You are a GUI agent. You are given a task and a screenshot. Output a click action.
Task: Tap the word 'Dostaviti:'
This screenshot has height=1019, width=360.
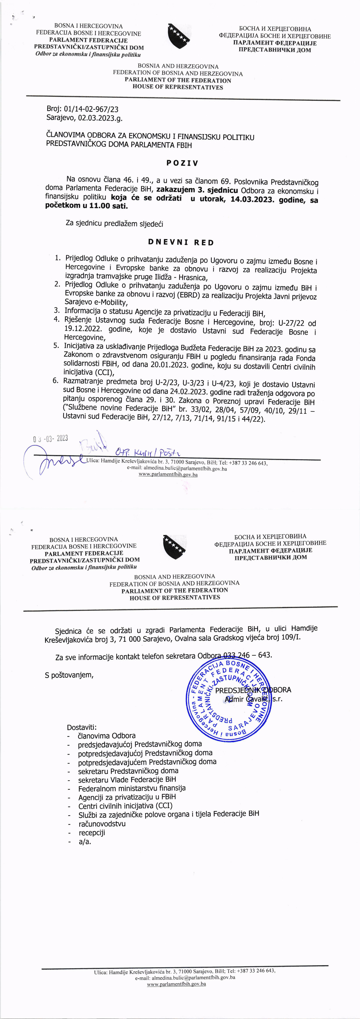pos(81,727)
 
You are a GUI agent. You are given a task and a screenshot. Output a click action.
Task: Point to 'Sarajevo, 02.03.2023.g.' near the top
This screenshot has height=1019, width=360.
pos(87,117)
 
